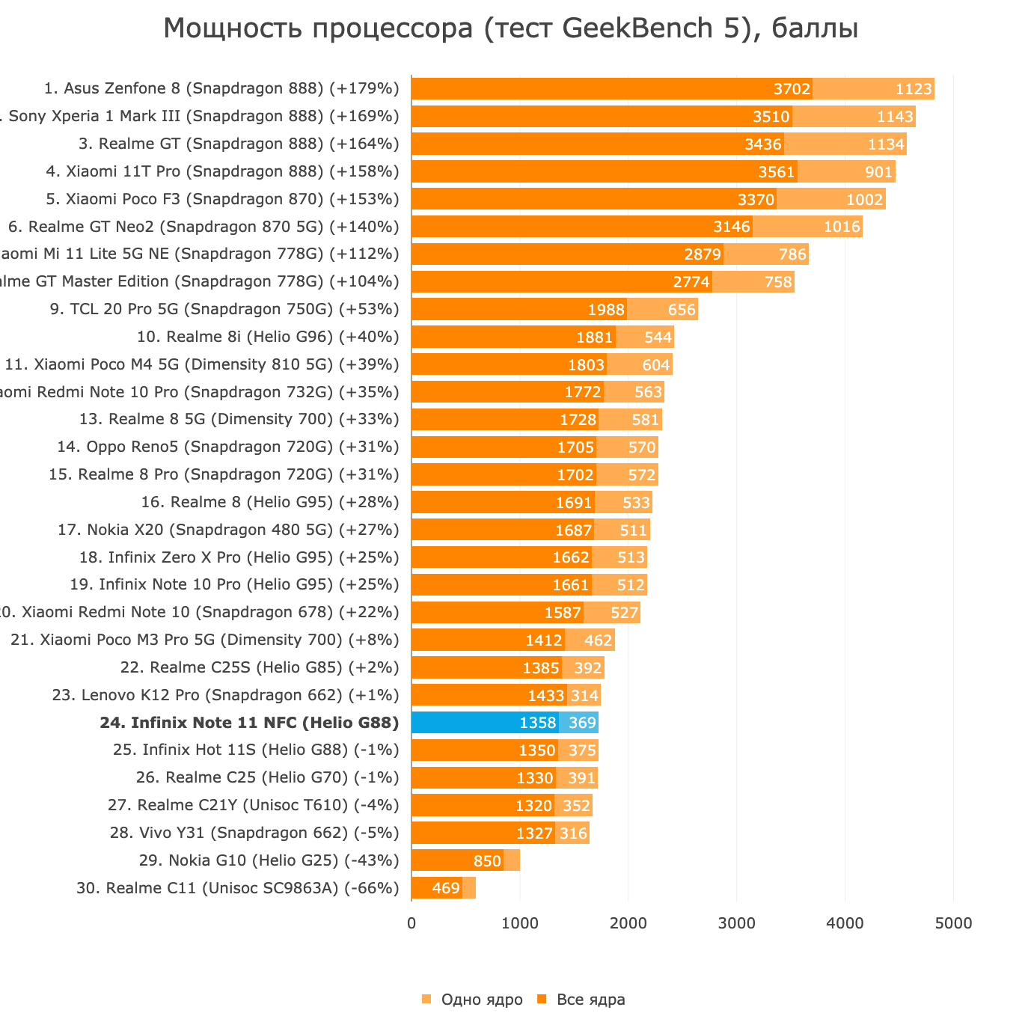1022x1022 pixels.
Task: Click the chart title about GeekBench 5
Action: pyautogui.click(x=510, y=28)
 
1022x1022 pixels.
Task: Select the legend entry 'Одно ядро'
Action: pyautogui.click(x=481, y=1000)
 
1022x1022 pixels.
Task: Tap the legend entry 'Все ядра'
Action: pyautogui.click(x=590, y=1000)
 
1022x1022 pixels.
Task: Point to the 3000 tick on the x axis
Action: pyautogui.click(x=736, y=923)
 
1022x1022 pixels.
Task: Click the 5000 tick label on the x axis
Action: pyautogui.click(x=953, y=923)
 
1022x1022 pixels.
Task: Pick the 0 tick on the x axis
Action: pyautogui.click(x=411, y=923)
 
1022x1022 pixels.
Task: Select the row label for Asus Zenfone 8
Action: pyautogui.click(x=221, y=88)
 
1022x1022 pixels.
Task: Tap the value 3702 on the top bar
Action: pyautogui.click(x=792, y=89)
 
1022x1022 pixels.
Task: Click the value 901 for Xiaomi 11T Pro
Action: pyautogui.click(x=878, y=172)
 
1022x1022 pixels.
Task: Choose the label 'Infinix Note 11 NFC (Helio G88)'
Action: pyautogui.click(x=249, y=723)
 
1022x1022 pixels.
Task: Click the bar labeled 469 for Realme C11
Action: pyautogui.click(x=437, y=888)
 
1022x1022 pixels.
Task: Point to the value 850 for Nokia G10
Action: pyautogui.click(x=487, y=861)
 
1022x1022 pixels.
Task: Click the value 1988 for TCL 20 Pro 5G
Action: pyautogui.click(x=605, y=310)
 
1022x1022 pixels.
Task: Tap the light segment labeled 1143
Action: pyautogui.click(x=854, y=117)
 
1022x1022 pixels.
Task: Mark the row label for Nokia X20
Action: pyautogui.click(x=228, y=530)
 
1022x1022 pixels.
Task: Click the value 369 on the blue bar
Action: pyautogui.click(x=582, y=723)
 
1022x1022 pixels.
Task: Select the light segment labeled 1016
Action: pyautogui.click(x=808, y=227)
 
